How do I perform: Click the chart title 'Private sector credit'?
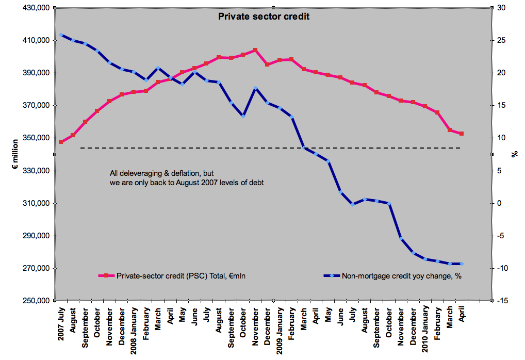click(264, 17)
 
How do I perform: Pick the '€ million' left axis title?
click(15, 154)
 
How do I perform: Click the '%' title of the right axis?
click(514, 154)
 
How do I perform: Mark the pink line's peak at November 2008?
click(255, 50)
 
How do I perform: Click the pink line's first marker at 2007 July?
click(61, 142)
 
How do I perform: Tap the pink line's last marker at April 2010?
click(462, 134)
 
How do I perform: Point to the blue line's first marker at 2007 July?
click(61, 35)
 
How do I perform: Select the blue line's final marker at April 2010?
click(462, 264)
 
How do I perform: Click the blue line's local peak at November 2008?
click(255, 88)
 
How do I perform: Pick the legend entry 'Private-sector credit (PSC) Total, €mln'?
click(181, 276)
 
